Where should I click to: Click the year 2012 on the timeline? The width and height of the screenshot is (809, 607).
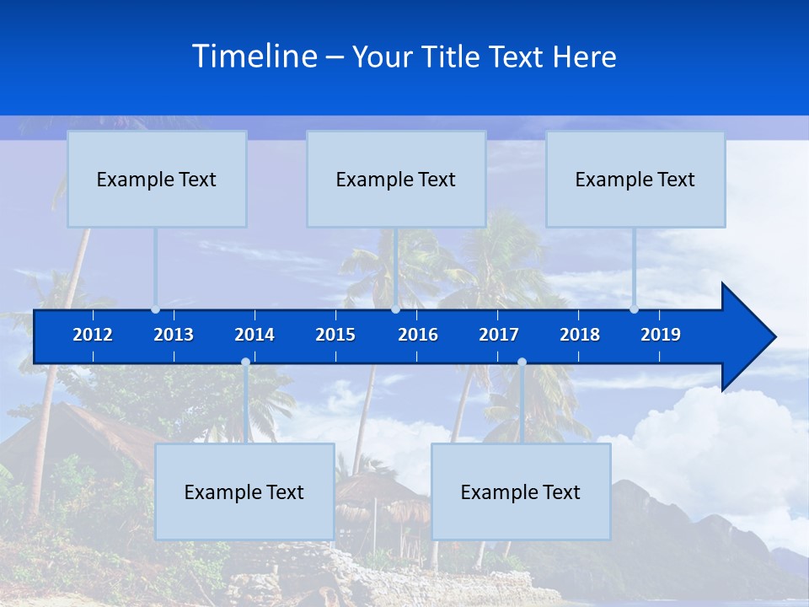coord(93,335)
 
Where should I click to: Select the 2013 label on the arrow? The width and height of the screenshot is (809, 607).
coord(174,335)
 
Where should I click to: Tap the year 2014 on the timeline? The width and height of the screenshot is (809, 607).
coord(254,335)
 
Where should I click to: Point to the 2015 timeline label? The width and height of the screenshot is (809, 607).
coord(335,335)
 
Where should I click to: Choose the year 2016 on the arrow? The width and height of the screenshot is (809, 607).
coord(418,335)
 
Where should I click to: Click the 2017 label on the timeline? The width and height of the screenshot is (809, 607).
coord(499,335)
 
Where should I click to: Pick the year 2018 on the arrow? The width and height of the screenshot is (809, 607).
coord(580,335)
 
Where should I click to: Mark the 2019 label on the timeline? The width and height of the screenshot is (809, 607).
coord(661,335)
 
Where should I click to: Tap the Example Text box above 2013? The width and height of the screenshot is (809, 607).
coord(157,179)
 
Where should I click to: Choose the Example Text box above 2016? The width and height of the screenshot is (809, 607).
coord(396,179)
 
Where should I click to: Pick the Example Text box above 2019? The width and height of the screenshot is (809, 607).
coord(635,179)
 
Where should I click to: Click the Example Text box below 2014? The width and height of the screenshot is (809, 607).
coord(244,492)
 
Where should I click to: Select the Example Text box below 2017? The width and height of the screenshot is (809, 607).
coord(521,492)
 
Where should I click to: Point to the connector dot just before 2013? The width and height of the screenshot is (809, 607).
coord(156,309)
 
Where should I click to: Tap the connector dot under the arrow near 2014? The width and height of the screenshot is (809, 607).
coord(245,362)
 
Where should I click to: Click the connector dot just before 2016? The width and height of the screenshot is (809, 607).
coord(395,309)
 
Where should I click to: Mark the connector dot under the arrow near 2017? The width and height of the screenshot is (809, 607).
coord(522,362)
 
